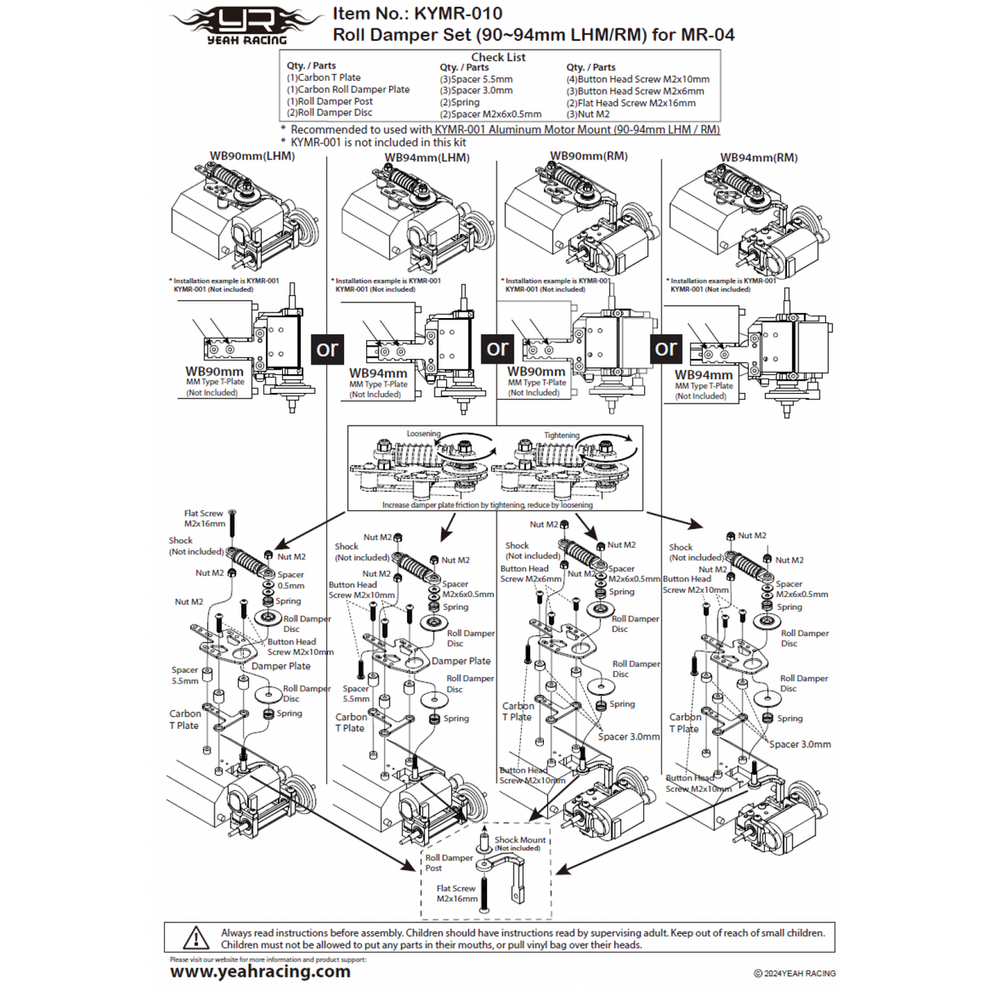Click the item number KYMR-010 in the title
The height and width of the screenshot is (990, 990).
(457, 14)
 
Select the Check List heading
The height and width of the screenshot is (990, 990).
(498, 57)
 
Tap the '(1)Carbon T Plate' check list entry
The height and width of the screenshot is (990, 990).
(324, 77)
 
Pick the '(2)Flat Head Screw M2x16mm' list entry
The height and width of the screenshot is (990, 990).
(631, 103)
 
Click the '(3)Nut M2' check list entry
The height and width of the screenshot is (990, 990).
(588, 114)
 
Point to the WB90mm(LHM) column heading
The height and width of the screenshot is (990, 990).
(252, 156)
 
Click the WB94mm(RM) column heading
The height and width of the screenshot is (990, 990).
(758, 157)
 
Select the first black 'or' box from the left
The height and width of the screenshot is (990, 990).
(327, 349)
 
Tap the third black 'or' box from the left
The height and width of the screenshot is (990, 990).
(665, 348)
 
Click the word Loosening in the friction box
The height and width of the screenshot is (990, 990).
(423, 434)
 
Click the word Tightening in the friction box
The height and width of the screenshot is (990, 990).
(562, 435)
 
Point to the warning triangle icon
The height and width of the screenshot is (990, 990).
(196, 938)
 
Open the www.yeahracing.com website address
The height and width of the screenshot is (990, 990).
(260, 971)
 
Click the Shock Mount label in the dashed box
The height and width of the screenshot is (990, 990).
(519, 839)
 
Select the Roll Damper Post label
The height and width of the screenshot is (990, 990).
(449, 862)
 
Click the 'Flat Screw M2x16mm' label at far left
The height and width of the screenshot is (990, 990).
(204, 519)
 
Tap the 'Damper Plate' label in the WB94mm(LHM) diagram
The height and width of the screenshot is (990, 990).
(461, 661)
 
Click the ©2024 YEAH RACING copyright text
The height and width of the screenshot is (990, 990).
(794, 973)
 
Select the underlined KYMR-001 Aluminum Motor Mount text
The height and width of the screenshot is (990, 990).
(577, 130)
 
